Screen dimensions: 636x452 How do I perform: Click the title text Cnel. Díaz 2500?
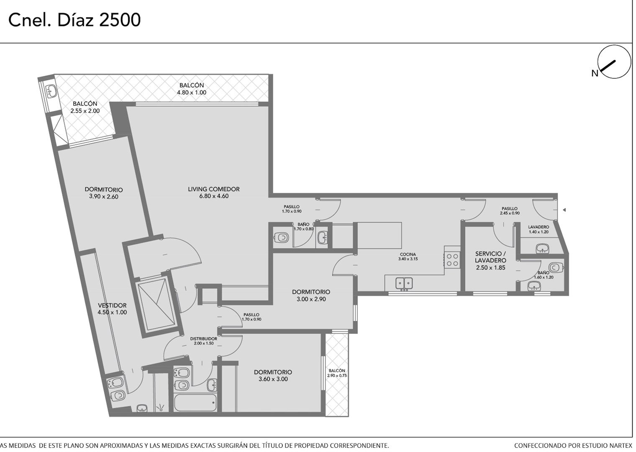tap(74, 20)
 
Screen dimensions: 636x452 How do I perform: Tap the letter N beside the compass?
tap(595, 74)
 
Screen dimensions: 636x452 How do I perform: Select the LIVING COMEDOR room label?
tap(213, 189)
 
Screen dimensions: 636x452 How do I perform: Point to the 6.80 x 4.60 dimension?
tap(214, 196)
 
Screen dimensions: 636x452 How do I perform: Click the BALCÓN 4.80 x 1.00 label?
tap(192, 89)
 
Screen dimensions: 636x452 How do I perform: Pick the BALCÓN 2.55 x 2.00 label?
tap(85, 107)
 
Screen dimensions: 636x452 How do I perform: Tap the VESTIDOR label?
tap(112, 306)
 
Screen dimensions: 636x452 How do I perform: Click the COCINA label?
tap(408, 254)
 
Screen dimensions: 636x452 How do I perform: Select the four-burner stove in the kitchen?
tap(452, 259)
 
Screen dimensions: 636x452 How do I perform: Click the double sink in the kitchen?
tap(404, 283)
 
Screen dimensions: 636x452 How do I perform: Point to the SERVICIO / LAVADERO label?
tap(491, 260)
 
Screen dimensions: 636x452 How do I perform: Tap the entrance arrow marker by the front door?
tap(564, 210)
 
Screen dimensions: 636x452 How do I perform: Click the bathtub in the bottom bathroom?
tap(195, 402)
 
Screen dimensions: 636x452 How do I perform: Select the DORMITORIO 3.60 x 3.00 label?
tap(273, 375)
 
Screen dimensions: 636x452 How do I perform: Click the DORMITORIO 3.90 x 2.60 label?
tap(104, 193)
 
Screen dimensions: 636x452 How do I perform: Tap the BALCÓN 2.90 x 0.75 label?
tap(337, 373)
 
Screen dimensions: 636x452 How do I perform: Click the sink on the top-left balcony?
tap(52, 90)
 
